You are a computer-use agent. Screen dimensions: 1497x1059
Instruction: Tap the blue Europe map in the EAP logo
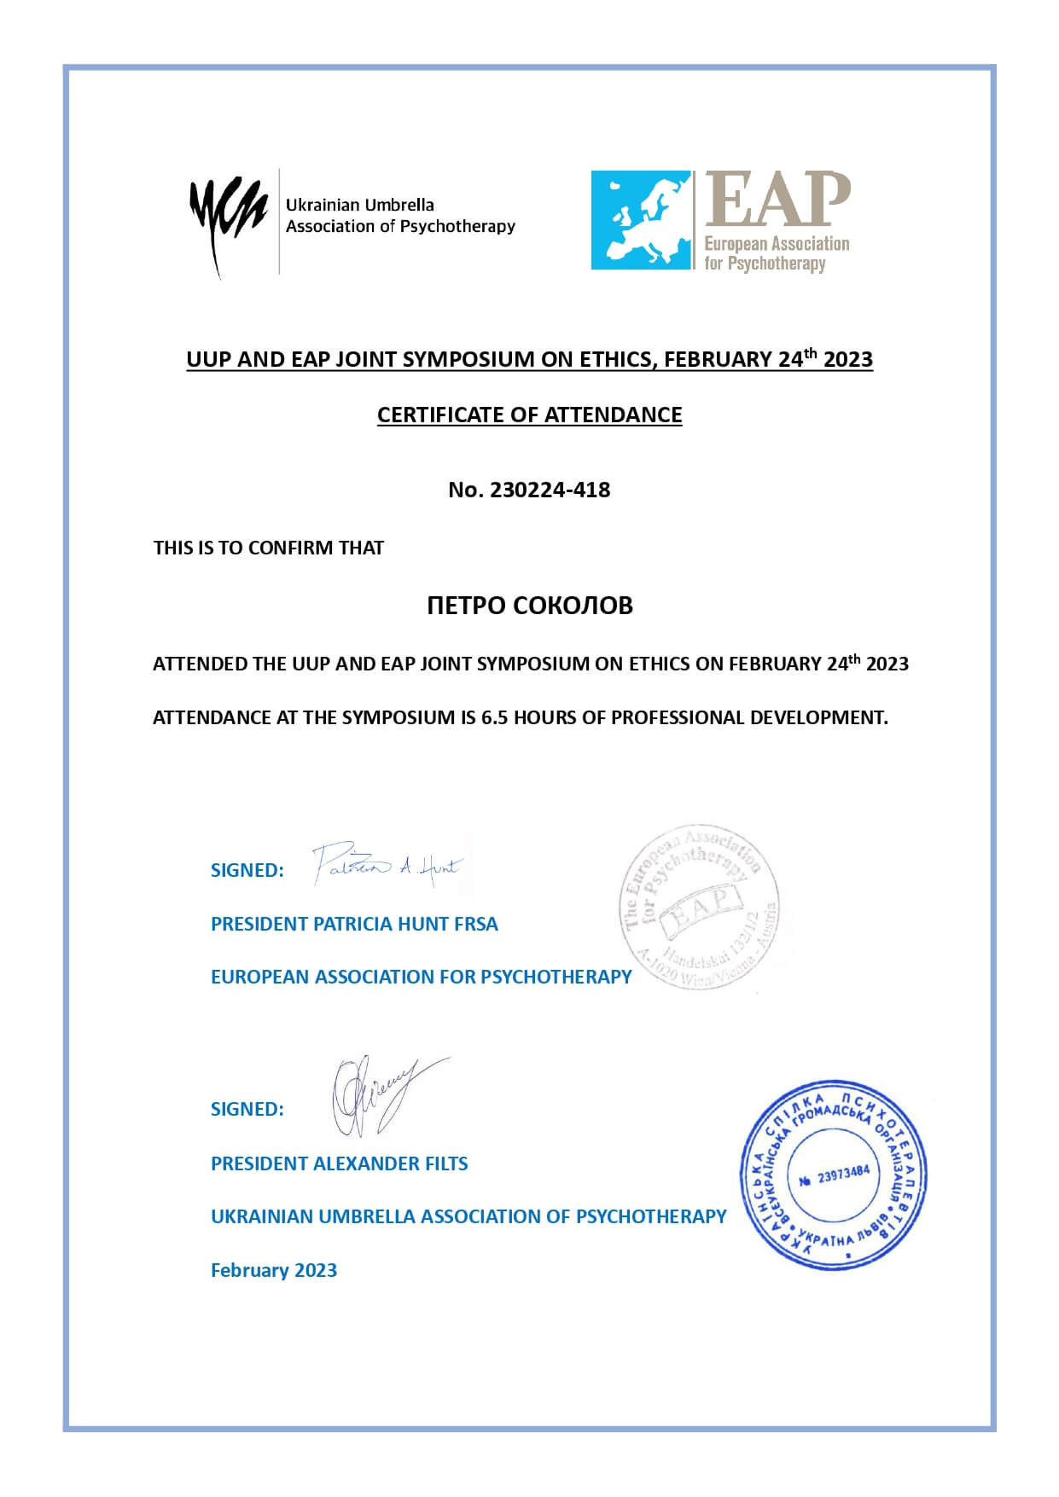641,220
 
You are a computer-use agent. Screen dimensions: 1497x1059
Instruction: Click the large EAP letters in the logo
777,200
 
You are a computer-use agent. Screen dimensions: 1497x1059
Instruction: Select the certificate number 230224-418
550,490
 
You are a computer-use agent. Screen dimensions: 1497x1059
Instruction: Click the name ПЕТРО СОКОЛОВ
529,606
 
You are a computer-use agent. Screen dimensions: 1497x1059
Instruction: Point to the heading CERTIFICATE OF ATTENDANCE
529,415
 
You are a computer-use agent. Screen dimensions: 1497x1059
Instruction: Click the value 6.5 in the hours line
494,717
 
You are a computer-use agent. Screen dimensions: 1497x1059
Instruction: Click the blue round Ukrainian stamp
833,1174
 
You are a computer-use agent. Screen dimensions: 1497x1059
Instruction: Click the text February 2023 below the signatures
273,1270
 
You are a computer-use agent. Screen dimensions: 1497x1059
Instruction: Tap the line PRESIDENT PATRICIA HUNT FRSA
354,924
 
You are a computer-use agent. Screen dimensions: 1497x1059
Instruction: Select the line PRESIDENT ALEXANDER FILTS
339,1163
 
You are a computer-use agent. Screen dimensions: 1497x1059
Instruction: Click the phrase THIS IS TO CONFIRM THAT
268,548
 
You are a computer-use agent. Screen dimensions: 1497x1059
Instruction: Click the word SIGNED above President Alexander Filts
247,1109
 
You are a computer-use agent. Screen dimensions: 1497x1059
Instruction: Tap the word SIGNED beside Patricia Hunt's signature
247,870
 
